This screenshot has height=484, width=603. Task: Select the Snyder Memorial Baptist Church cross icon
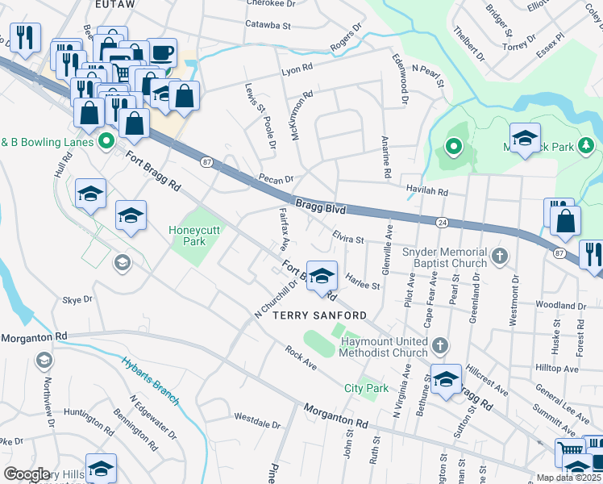tap(500, 257)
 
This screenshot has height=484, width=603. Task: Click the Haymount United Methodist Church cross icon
tap(439, 346)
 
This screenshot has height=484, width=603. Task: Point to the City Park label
tap(367, 388)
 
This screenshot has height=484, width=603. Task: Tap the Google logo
tap(27, 474)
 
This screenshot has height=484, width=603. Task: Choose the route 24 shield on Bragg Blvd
tap(443, 221)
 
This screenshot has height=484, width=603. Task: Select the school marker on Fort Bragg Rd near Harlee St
tap(322, 277)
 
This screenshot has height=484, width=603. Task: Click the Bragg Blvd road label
tap(320, 207)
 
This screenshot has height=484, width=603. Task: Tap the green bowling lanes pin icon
tap(106, 142)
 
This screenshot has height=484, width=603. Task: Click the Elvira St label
tap(348, 238)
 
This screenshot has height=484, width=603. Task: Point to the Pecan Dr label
tap(276, 178)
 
